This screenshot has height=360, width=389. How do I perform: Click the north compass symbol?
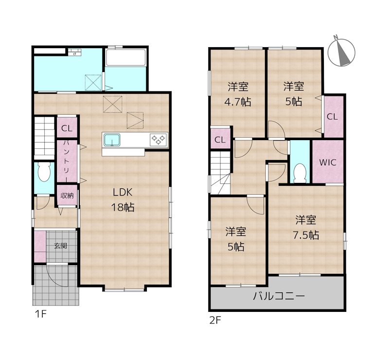341,52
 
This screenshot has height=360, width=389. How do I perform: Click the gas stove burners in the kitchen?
159,140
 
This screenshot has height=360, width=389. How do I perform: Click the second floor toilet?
300,171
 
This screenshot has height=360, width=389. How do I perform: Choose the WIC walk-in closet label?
328,162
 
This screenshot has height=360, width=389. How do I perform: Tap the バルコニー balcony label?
279,296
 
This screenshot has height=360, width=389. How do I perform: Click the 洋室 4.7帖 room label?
238,94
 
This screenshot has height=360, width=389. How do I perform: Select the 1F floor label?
40,314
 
